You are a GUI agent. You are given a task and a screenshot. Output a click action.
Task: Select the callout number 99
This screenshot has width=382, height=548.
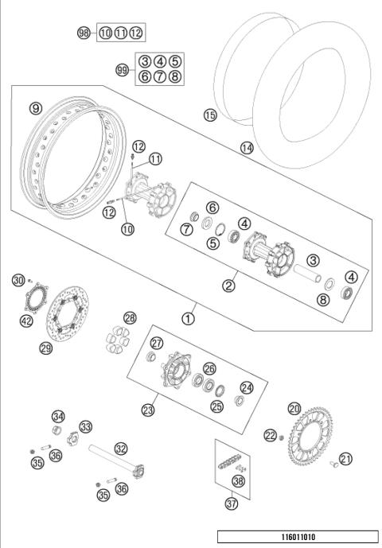tap(123, 70)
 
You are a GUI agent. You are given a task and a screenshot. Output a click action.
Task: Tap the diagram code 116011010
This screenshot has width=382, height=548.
tap(298, 537)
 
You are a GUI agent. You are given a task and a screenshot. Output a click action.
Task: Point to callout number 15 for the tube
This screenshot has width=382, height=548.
tap(210, 115)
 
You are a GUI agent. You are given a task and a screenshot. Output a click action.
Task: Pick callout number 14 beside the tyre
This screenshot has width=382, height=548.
tap(246, 147)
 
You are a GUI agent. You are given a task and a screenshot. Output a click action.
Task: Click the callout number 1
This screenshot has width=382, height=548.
tap(188, 318)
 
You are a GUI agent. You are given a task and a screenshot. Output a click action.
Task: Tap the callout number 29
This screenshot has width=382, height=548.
tap(46, 347)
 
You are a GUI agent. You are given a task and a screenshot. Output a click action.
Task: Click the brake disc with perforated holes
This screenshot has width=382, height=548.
tap(73, 315)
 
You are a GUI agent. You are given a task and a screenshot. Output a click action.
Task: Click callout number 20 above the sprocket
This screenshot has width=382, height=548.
tap(294, 408)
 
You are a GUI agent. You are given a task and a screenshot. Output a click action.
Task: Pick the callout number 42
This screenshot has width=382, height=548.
tap(27, 321)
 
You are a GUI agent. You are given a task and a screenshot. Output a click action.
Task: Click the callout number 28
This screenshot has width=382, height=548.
tap(130, 317)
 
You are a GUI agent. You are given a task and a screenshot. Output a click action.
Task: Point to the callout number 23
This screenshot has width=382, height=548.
tap(147, 410)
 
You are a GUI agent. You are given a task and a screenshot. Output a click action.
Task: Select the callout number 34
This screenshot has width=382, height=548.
tap(58, 416)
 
